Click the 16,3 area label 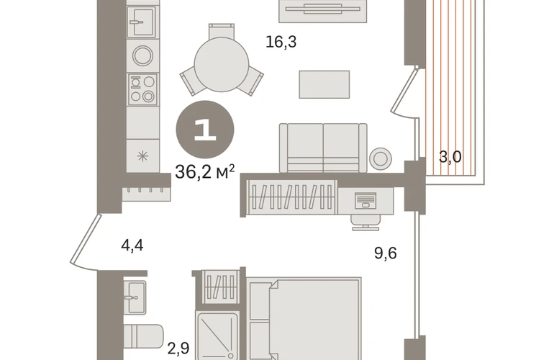coord(281,42)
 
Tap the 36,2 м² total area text coord(205,172)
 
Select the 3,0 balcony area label coord(450,156)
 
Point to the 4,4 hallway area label coord(132,245)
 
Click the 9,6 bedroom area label coord(386,253)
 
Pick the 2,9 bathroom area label coord(178,348)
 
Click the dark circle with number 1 coord(205,130)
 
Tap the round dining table coord(222,64)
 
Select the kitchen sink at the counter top coord(141,22)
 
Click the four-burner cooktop coord(142,89)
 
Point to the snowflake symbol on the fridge coord(142,156)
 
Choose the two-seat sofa coord(323,148)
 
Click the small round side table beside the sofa coord(381,158)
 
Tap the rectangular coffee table coord(324,84)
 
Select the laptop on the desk coord(365,200)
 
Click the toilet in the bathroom coord(143,338)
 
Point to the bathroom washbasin coord(135,297)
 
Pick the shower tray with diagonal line coord(217,336)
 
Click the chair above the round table coord(222,31)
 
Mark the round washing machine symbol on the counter coord(142,55)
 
